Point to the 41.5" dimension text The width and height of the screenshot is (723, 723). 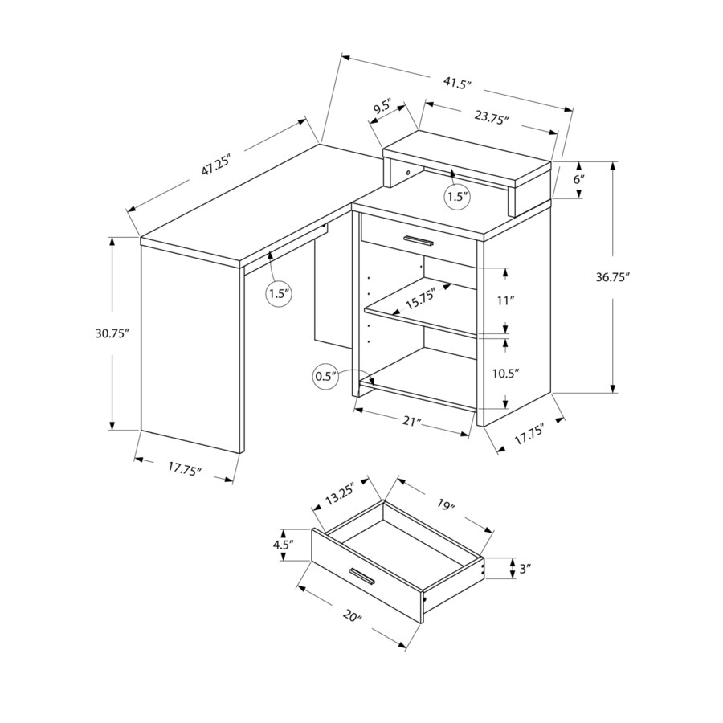pos(456,83)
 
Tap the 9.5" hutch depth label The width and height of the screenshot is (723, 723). pos(382,108)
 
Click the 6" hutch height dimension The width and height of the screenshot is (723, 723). pos(578,179)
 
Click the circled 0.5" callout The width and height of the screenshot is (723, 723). pos(326,375)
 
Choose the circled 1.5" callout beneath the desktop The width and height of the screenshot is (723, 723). pos(278,293)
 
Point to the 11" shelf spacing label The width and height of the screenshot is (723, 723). pos(505,301)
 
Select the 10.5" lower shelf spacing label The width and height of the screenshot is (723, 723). pos(506,374)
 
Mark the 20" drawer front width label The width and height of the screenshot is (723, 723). pos(350,617)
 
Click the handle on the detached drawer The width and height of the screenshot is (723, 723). pos(363,576)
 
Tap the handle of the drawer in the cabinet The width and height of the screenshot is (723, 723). pos(419,240)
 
